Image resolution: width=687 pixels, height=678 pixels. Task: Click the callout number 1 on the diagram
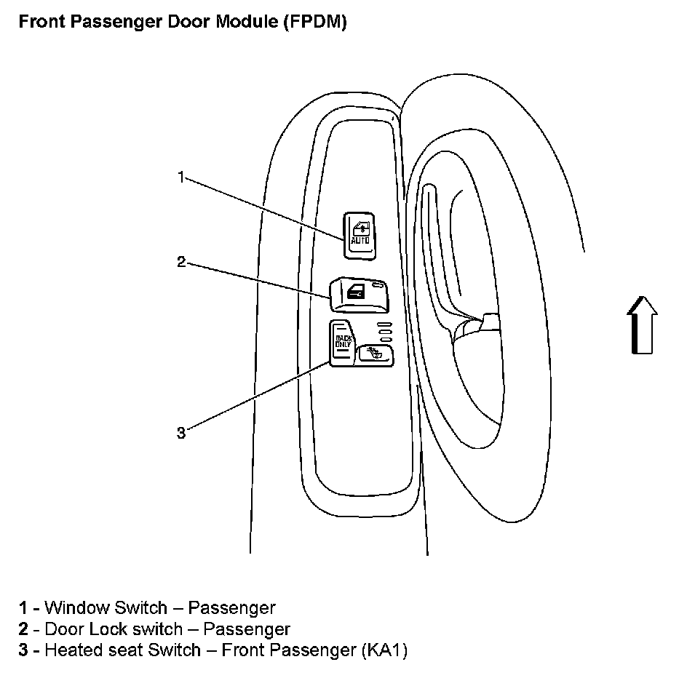click(181, 177)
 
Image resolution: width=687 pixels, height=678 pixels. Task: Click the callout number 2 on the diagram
click(181, 262)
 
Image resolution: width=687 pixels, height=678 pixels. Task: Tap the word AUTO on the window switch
click(360, 240)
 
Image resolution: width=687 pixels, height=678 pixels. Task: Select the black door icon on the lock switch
click(356, 292)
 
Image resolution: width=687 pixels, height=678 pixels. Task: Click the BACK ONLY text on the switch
click(342, 341)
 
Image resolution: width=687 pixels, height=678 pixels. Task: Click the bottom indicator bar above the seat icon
click(384, 339)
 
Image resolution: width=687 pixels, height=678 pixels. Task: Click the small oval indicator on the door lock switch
click(377, 288)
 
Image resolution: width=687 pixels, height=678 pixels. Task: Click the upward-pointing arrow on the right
click(643, 325)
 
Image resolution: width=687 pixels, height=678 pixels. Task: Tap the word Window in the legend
click(74, 607)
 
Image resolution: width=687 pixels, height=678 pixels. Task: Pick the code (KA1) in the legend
click(384, 650)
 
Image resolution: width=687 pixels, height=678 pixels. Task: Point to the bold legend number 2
click(24, 629)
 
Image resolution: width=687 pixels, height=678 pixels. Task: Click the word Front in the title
click(39, 22)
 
